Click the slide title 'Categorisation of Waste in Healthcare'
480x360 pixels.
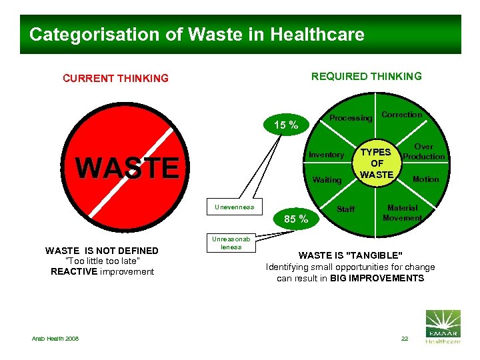(197, 35)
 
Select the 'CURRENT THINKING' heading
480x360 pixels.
(115, 79)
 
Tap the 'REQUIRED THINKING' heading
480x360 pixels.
(367, 76)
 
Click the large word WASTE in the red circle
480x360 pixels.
(127, 167)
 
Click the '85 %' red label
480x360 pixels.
(296, 219)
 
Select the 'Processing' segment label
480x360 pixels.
(351, 118)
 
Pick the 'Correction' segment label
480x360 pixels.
(401, 115)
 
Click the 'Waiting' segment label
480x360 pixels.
(327, 179)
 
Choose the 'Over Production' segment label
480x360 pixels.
(424, 151)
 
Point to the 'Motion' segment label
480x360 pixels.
(425, 179)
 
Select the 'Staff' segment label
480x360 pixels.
(346, 209)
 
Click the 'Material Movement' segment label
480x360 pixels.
(403, 213)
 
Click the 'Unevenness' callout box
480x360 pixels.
(234, 207)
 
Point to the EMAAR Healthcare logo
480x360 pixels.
(442, 326)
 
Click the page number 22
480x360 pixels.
(405, 339)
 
